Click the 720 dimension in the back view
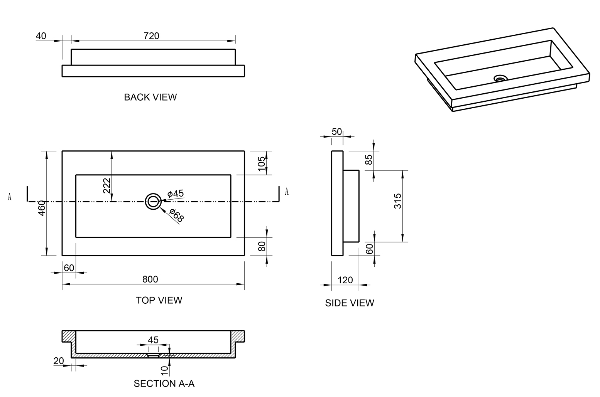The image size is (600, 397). click(151, 36)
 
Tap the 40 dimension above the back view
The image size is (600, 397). click(41, 36)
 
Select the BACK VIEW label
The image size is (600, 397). click(150, 97)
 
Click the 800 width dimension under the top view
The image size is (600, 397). click(150, 279)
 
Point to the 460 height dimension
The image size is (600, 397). click(42, 208)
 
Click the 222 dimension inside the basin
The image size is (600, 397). click(107, 185)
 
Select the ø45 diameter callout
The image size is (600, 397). click(176, 193)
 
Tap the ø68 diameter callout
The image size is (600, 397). click(177, 215)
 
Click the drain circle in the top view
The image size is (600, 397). click(153, 201)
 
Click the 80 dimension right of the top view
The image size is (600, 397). click(262, 246)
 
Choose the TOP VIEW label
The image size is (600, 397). click(159, 300)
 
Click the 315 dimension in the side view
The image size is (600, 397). click(398, 201)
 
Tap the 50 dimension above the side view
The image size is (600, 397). click(336, 132)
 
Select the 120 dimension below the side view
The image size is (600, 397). click(345, 280)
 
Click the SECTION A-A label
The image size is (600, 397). click(164, 384)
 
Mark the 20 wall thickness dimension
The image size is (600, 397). click(59, 361)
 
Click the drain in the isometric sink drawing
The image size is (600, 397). click(500, 78)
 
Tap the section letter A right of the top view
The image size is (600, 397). click(286, 192)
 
